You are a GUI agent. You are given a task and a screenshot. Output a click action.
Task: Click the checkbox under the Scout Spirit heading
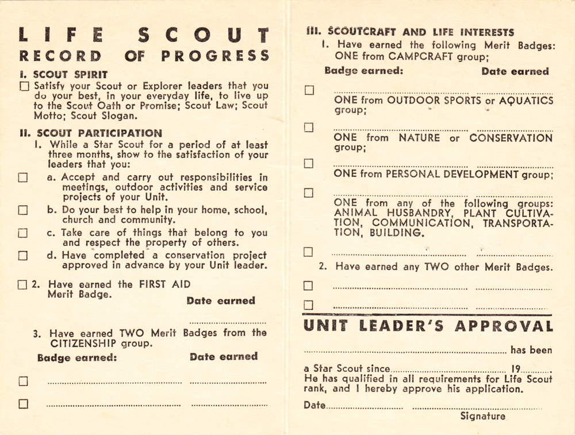point(24,87)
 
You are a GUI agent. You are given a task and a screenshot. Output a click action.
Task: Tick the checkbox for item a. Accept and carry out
point(22,178)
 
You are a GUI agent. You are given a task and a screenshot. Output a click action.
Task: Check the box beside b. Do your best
point(22,210)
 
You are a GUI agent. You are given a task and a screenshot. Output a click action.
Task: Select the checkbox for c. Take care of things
point(22,233)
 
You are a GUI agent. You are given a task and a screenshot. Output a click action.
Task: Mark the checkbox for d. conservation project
point(22,256)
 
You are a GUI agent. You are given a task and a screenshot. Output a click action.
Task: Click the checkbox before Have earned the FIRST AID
point(22,284)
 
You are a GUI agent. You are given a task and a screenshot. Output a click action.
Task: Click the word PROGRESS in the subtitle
point(215,56)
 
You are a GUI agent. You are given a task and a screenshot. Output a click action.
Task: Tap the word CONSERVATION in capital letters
point(511,138)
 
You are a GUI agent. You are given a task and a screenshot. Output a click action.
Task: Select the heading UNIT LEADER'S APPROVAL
point(428,326)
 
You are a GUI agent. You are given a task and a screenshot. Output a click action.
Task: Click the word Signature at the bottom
point(483,417)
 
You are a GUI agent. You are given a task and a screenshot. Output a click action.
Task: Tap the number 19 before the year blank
point(516,369)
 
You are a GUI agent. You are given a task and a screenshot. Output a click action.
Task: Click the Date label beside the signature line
point(314,405)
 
